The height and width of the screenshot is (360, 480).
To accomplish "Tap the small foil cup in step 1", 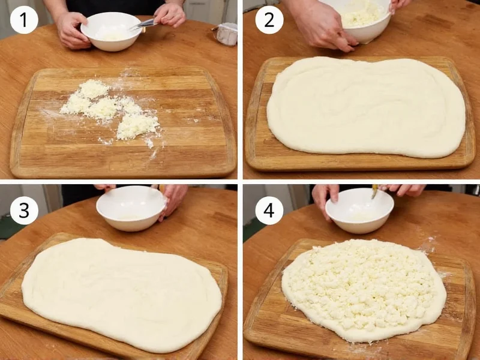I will (227, 34).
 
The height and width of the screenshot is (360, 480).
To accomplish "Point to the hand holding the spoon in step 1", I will (170, 14).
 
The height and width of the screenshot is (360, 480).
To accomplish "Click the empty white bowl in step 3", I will (131, 208).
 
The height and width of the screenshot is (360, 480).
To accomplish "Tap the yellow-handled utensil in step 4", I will (375, 191).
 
